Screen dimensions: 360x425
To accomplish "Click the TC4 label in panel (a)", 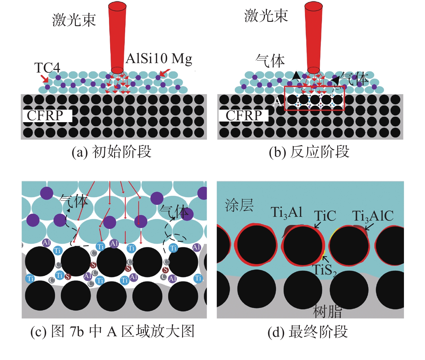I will (47, 68).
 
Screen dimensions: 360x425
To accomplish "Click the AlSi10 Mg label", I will (159, 58).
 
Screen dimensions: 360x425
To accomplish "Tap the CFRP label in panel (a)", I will (45, 116).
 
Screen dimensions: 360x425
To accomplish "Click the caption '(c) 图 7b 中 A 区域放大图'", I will (112, 331).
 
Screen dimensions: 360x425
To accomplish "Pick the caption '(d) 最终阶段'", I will (308, 332).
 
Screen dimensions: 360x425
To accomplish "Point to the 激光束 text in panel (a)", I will (74, 20).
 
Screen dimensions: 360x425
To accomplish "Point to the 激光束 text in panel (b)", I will (266, 16).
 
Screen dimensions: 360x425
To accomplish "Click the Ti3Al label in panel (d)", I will (286, 212).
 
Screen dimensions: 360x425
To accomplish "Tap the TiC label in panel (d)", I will (325, 216).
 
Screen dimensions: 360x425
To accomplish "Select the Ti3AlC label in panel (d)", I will (373, 216).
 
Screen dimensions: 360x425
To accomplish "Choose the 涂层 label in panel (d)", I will (239, 205).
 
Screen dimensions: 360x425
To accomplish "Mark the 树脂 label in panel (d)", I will (327, 311).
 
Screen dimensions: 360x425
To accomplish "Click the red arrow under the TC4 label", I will (45, 79).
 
